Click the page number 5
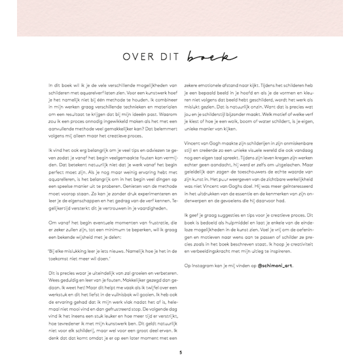[x=179, y=352]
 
